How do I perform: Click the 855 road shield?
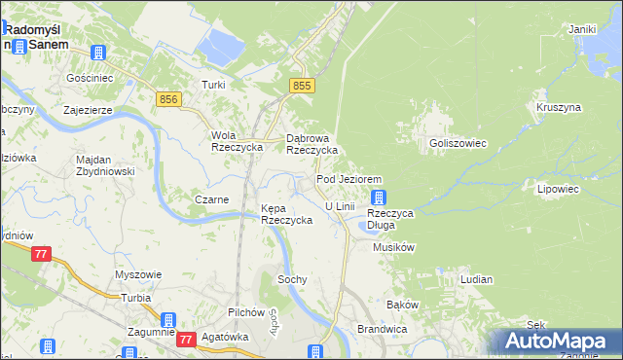point(303,87)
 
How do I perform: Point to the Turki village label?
point(213,85)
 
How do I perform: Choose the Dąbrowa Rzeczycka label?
point(311,144)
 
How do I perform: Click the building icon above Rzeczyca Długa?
point(378,198)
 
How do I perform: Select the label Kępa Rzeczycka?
point(286,214)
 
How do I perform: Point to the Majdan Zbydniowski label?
point(107,165)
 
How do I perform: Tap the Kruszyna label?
point(558,107)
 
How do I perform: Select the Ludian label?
point(476,279)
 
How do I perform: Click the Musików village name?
point(394,248)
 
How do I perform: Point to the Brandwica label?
point(381,329)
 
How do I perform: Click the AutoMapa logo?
point(555,341)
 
